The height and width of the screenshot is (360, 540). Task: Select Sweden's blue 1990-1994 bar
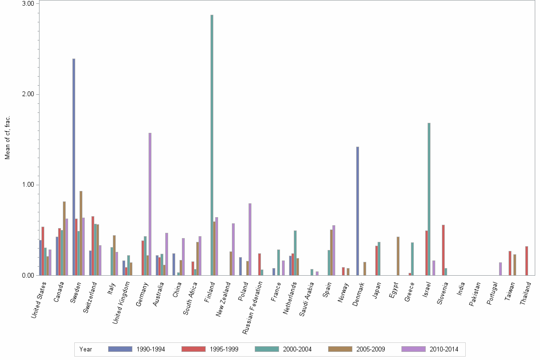point(74,167)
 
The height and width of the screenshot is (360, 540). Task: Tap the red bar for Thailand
point(527,260)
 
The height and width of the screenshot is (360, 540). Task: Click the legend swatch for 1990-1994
point(119,349)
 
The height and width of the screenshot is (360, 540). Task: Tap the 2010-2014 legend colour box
point(413,349)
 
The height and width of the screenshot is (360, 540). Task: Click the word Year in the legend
point(86,350)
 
